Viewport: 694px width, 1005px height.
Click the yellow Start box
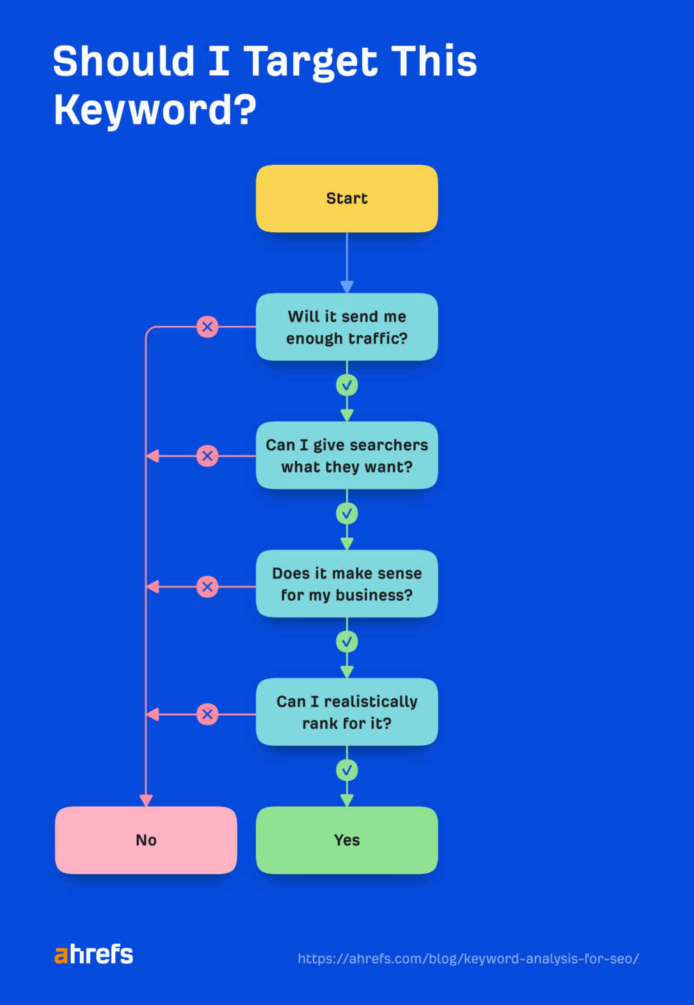click(346, 198)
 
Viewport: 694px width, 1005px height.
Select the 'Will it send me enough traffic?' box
click(346, 327)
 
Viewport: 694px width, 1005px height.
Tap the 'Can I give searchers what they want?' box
click(346, 455)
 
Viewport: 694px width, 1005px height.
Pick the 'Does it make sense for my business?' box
click(346, 584)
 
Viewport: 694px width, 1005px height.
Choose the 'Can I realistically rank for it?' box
click(346, 712)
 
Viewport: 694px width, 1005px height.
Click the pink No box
click(146, 840)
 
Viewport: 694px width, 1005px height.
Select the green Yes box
click(346, 840)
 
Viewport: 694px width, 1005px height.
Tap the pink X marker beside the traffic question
click(208, 326)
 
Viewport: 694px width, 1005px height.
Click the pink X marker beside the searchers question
click(208, 456)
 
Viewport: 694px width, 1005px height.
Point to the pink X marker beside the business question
click(208, 587)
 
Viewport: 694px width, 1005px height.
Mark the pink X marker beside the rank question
click(208, 714)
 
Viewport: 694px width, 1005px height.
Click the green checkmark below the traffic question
click(347, 385)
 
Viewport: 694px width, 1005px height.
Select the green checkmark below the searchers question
click(347, 514)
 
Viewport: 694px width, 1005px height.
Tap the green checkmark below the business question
click(347, 642)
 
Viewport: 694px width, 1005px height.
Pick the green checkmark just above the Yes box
click(347, 771)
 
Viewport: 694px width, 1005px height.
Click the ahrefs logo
click(94, 955)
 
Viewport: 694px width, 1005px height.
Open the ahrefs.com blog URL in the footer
click(468, 959)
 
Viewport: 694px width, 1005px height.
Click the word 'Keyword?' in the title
click(155, 109)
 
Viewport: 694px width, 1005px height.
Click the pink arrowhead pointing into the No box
click(146, 800)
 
